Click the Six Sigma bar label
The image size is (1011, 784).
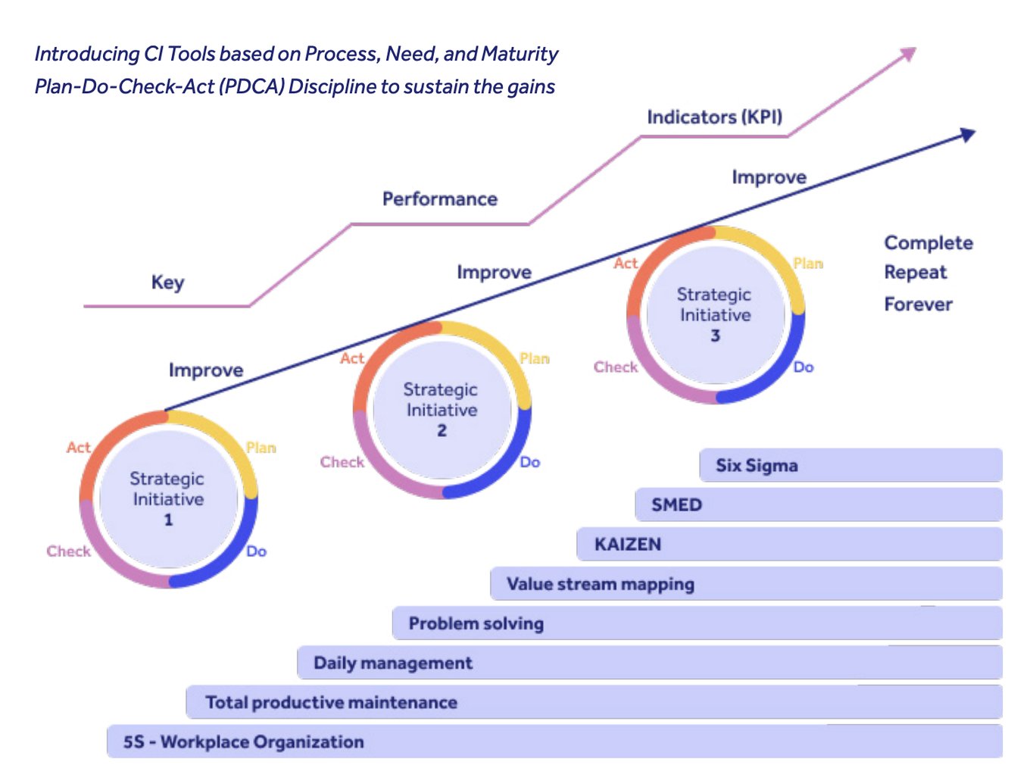(757, 466)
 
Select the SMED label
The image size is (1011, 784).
(676, 505)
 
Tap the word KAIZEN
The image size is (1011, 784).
(627, 545)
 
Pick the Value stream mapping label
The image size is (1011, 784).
(600, 584)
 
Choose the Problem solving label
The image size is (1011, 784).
(476, 623)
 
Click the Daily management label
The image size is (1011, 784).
(392, 663)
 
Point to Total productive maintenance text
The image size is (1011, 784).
(331, 702)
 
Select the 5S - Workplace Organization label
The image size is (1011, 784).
(243, 742)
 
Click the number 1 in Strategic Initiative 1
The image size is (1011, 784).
(168, 520)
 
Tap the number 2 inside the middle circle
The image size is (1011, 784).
(442, 430)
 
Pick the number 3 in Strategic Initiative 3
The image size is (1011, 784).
(715, 336)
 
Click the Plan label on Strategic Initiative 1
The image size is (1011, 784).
(261, 448)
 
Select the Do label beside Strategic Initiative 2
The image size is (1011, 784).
(529, 462)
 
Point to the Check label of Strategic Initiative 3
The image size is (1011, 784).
(615, 367)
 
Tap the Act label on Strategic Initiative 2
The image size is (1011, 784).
(351, 358)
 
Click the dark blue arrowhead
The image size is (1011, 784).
(968, 135)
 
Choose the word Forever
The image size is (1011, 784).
(918, 305)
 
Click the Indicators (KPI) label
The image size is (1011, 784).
(714, 117)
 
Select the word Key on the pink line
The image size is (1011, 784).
(167, 283)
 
